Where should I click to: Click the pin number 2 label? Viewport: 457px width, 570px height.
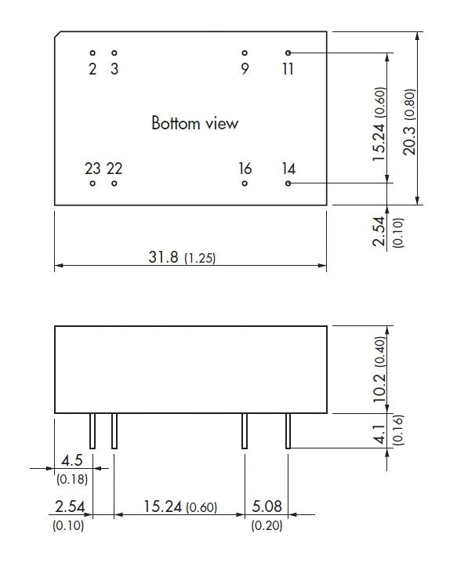coord(92,70)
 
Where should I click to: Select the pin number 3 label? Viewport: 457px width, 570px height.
coord(114,70)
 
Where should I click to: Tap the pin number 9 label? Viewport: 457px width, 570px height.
coord(245,70)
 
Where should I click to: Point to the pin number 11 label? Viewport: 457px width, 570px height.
coord(288,70)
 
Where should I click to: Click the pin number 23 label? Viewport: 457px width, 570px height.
coord(92,169)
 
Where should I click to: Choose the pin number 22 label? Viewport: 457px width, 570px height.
coord(114,169)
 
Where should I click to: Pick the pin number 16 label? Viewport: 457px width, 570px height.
coord(245,169)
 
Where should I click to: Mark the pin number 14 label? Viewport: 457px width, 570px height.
coord(288,169)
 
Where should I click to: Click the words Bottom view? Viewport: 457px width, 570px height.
coord(194,124)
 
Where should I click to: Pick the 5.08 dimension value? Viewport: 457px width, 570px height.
coord(266,508)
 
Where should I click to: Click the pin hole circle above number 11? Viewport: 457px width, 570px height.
coord(288,53)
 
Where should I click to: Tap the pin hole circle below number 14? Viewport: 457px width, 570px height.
coord(288,183)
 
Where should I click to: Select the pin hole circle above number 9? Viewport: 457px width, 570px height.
coord(245,53)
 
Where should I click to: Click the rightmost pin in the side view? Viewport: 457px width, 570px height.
coord(288,430)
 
